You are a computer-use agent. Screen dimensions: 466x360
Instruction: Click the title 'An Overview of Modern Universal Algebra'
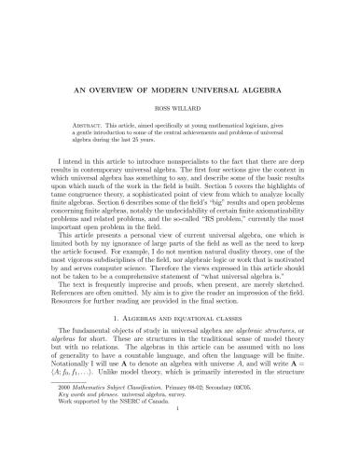[180, 92]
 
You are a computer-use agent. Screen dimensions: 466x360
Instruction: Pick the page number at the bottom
[180, 445]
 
